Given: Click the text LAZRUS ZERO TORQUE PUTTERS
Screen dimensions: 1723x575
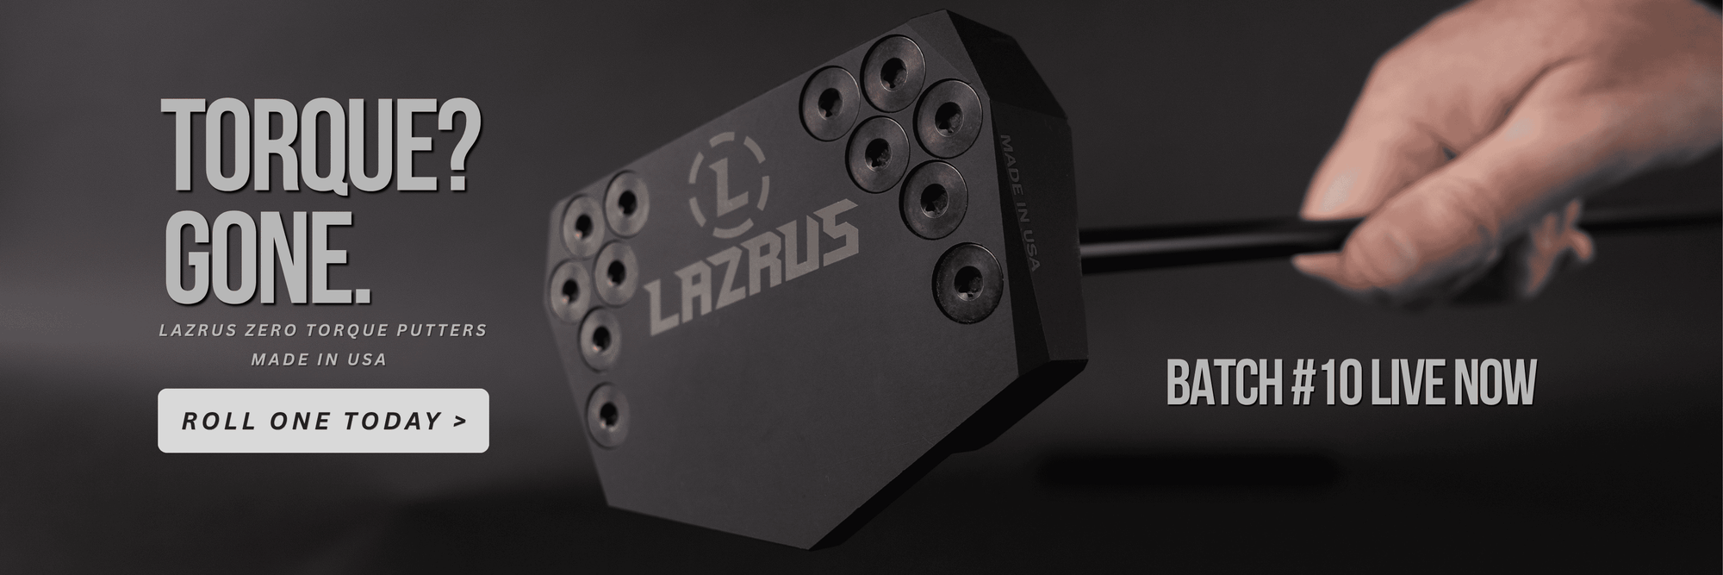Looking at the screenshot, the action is [x=323, y=330].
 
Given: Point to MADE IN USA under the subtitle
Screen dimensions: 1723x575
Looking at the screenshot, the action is [x=319, y=359].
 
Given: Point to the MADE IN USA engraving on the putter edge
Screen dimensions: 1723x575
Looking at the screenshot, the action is [x=1018, y=202].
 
